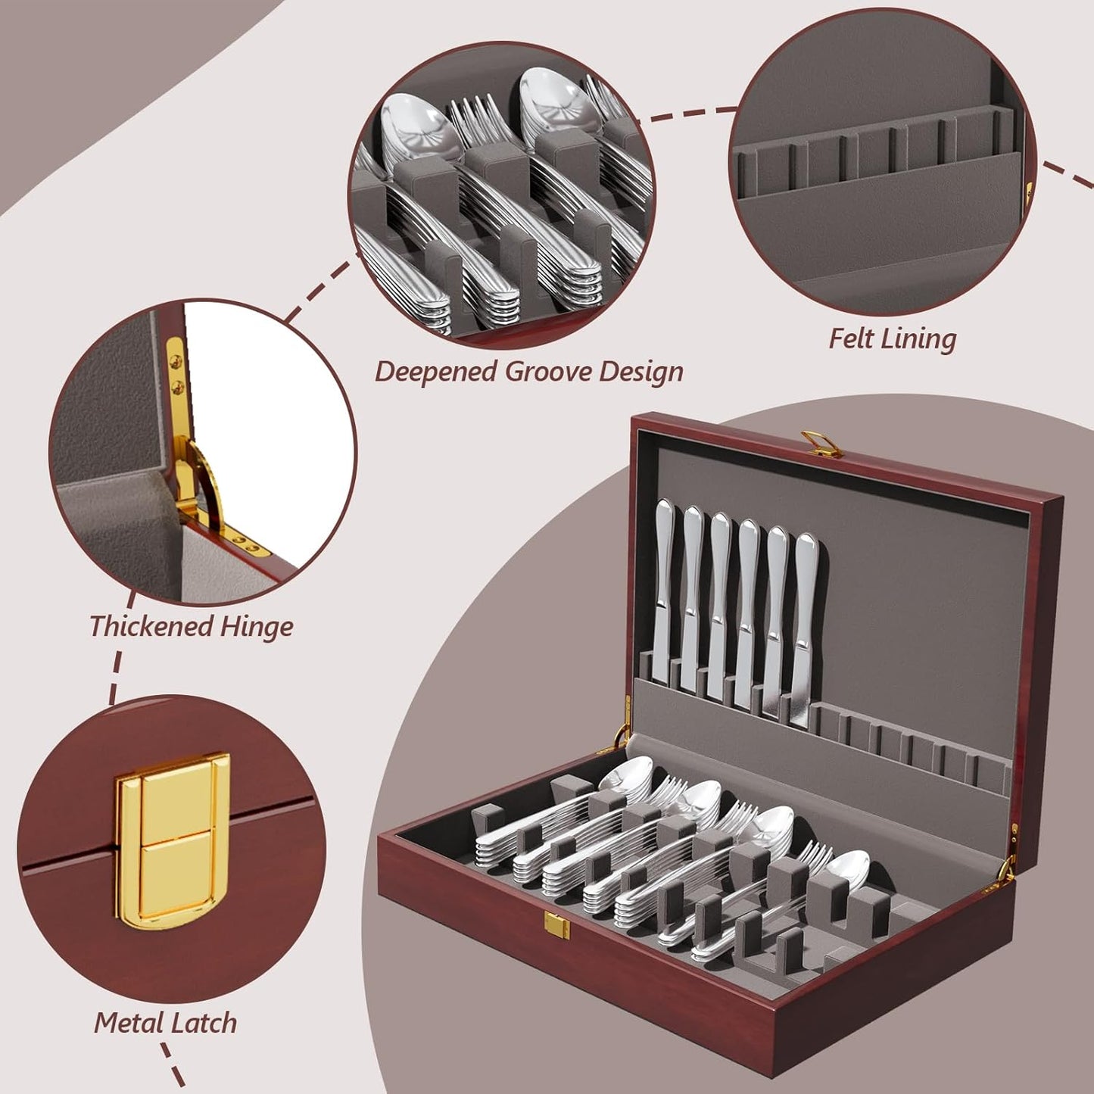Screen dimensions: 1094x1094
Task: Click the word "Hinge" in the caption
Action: [x=255, y=628]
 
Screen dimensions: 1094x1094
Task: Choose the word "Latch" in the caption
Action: [x=204, y=1023]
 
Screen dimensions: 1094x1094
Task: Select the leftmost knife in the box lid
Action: [x=664, y=591]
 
